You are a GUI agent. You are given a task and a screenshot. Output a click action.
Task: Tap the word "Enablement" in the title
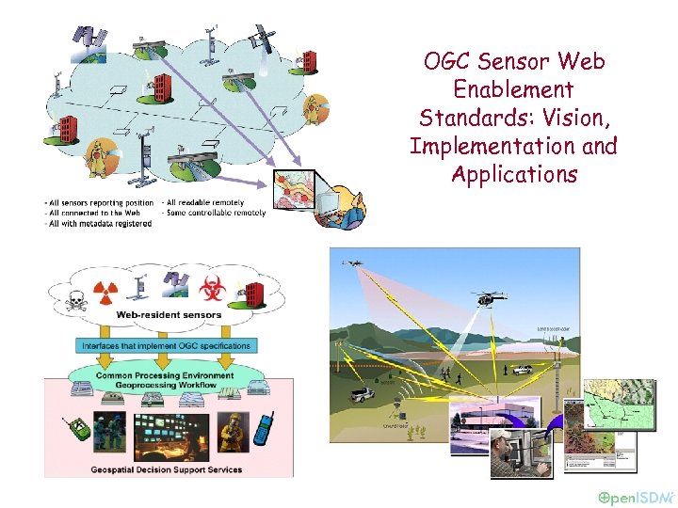click(513, 90)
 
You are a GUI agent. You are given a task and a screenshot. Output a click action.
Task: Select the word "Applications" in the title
click(514, 175)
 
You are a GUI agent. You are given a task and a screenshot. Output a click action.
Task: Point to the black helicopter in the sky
click(489, 298)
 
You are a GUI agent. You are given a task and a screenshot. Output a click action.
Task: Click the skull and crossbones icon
click(73, 301)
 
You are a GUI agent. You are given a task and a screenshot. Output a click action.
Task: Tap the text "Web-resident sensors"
click(169, 315)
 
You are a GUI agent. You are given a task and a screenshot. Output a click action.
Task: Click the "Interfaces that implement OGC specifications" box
click(167, 345)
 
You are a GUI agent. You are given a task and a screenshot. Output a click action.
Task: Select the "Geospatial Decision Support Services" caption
click(166, 469)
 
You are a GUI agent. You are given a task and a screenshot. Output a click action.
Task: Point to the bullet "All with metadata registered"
click(100, 224)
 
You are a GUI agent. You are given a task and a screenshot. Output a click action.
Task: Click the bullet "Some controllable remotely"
click(214, 213)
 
